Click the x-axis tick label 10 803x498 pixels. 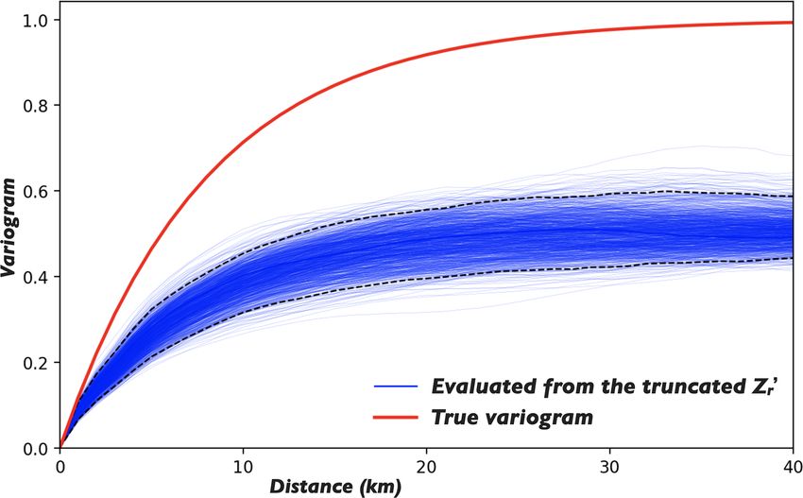(243, 466)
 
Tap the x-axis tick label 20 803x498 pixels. (426, 466)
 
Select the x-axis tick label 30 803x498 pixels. (609, 466)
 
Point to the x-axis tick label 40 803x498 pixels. (790, 466)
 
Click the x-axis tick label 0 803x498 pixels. (60, 466)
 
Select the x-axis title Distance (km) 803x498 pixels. (334, 487)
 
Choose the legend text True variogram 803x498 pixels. (513, 417)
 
